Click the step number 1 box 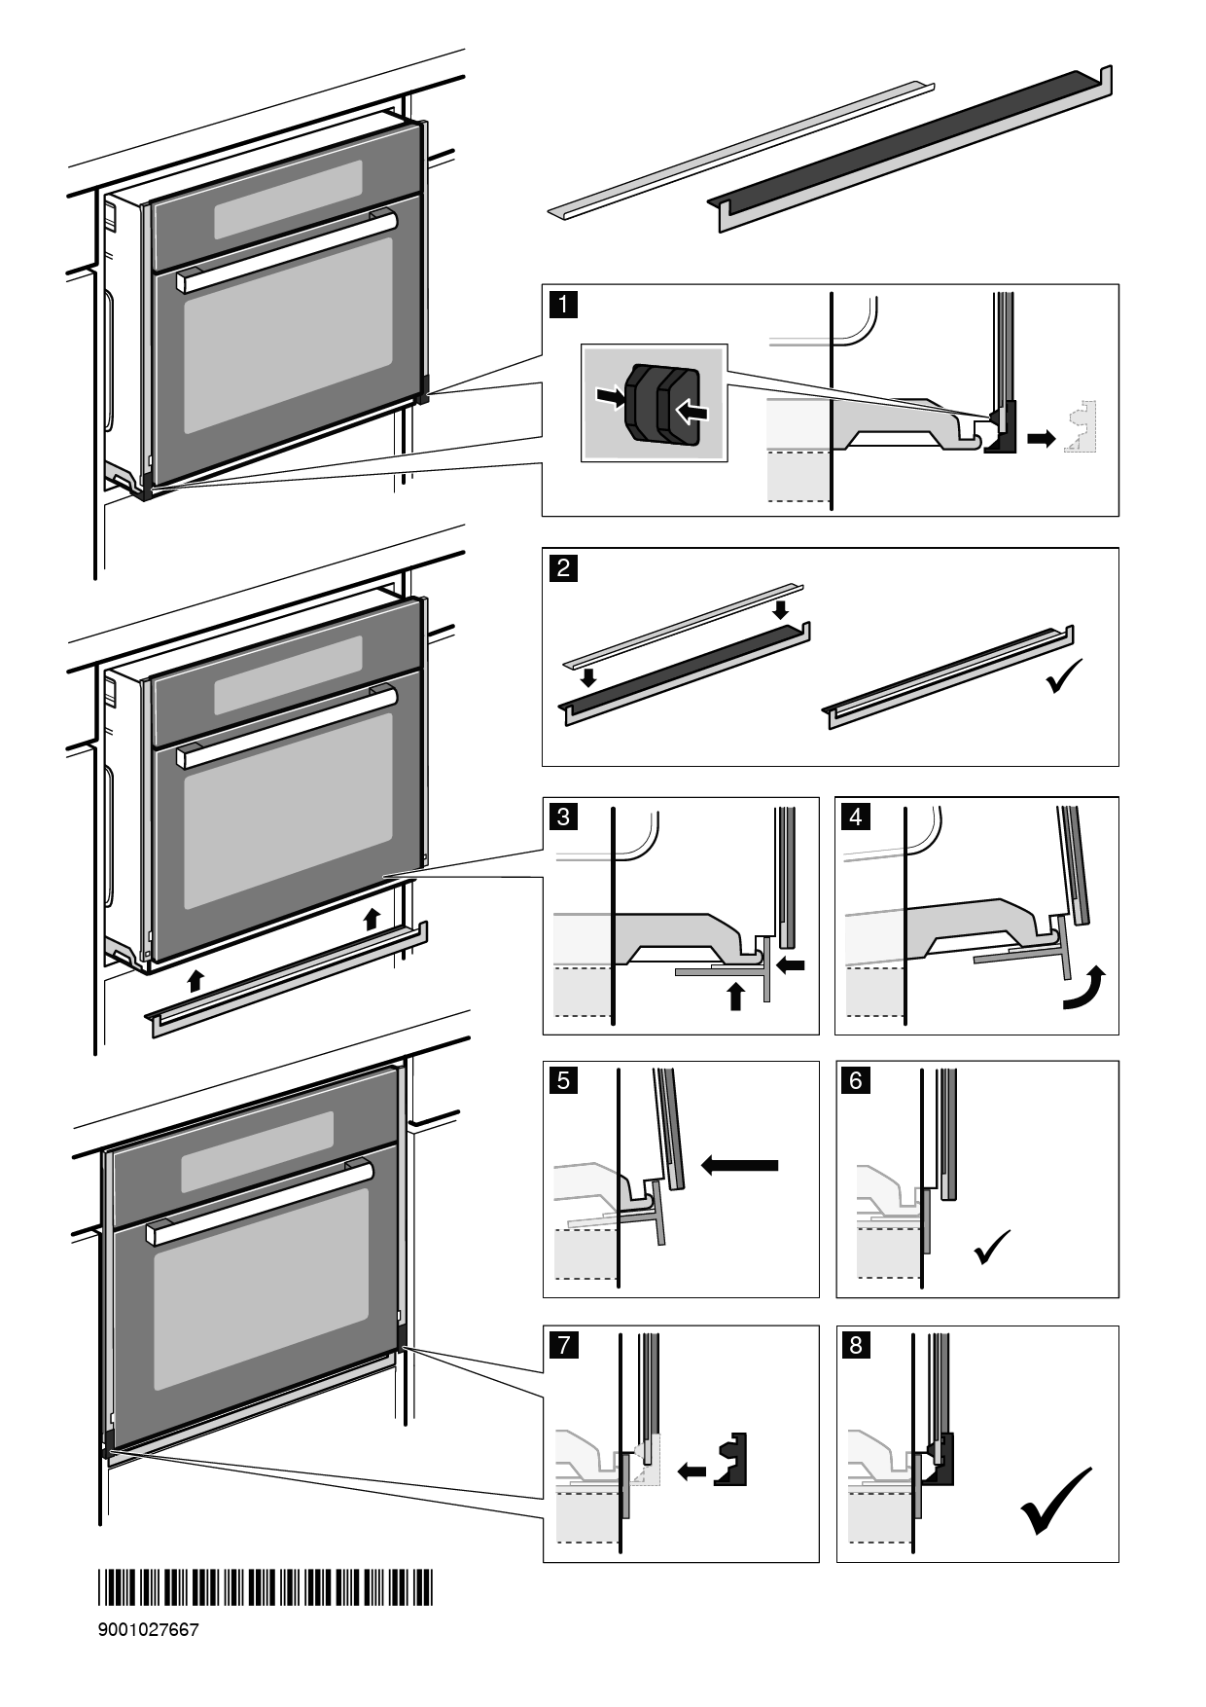tap(563, 304)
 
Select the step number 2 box tap(563, 566)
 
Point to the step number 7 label tap(563, 1345)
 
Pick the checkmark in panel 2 tap(1064, 675)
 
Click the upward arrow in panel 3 tap(736, 995)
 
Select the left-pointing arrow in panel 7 tap(692, 1471)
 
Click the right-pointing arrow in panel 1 tap(1042, 439)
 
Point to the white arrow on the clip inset tap(690, 412)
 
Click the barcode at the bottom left tap(265, 1588)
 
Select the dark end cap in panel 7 tap(731, 1458)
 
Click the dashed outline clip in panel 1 tap(1082, 428)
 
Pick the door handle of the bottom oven tap(259, 1201)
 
